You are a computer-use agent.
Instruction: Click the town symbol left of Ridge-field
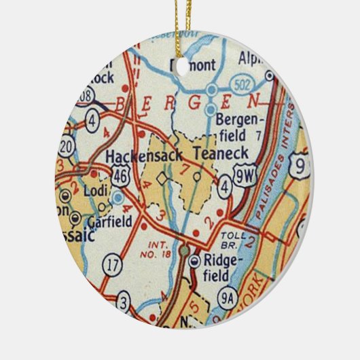tap(196, 260)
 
